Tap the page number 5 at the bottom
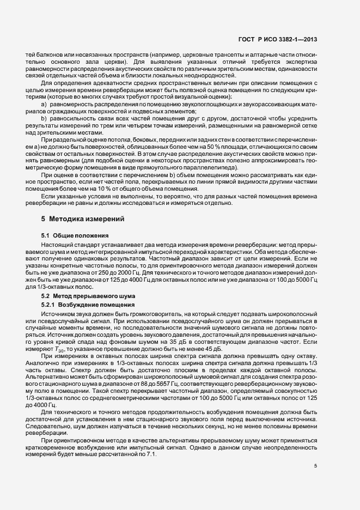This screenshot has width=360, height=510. point(316,466)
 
